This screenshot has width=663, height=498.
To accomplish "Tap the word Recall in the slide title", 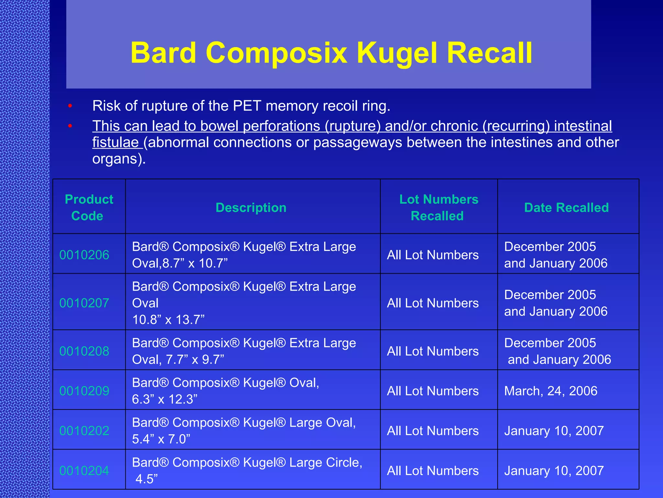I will (x=489, y=53).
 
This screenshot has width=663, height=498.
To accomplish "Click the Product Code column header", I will (x=89, y=207).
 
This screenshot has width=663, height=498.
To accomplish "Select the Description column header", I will (x=251, y=207).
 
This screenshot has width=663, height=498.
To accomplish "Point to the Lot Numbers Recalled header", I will (x=438, y=207).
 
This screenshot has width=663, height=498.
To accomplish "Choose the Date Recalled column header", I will (x=566, y=207).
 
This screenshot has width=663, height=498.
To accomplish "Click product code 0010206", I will (x=84, y=255).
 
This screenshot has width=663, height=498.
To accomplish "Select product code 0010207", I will (x=84, y=303).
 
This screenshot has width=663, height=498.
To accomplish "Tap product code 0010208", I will (x=84, y=351).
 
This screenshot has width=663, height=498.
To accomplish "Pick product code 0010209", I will (x=84, y=391).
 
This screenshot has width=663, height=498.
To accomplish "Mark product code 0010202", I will (x=84, y=431).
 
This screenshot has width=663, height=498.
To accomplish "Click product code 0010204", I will (x=84, y=470).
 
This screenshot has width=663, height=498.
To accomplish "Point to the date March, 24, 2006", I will (x=551, y=391).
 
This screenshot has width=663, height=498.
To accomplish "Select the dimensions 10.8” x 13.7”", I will (x=168, y=320).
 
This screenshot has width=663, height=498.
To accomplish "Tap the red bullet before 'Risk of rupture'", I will (x=70, y=106).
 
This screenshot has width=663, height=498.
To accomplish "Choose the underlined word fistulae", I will (x=116, y=142).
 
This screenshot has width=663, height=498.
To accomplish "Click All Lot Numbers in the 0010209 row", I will (x=433, y=391).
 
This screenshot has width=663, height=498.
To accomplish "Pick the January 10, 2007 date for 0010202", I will (x=554, y=431).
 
